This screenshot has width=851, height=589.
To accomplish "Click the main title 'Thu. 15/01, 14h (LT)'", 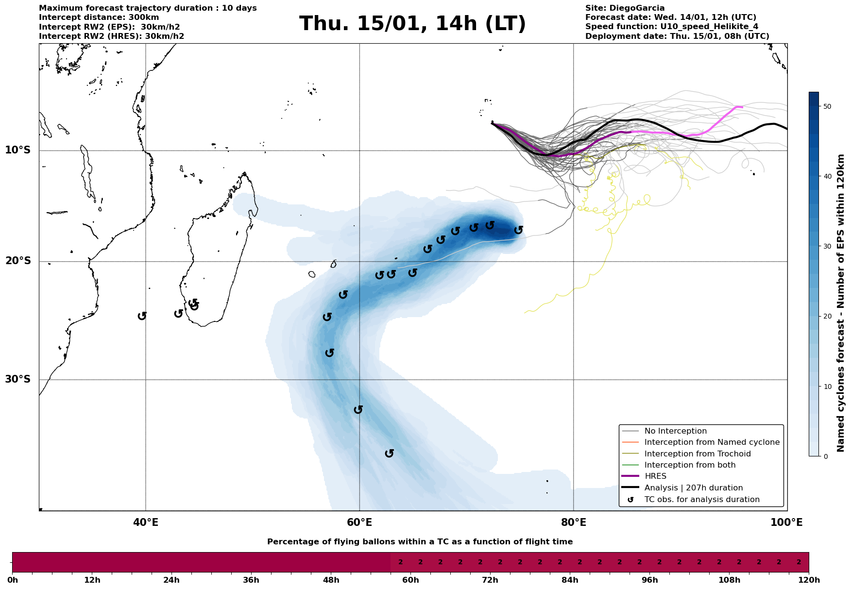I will (412, 24).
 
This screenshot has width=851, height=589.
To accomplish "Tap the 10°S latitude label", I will (18, 150).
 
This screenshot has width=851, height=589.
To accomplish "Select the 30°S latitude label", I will (18, 379).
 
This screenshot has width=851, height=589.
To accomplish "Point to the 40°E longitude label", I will (146, 522).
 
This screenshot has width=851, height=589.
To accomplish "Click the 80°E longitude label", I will (573, 522).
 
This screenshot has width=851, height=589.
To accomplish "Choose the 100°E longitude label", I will (787, 522).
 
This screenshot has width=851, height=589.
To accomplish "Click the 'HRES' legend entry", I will (655, 476).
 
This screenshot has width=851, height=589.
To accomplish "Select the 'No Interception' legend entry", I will (675, 431).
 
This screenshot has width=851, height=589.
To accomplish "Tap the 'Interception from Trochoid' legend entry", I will (697, 454).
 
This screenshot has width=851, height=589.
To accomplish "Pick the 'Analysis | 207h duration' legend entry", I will (693, 488).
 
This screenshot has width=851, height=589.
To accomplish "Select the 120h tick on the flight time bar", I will (809, 580).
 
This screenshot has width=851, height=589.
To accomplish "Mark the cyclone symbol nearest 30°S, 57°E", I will (330, 353).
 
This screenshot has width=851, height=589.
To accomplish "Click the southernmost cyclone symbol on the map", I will (389, 454).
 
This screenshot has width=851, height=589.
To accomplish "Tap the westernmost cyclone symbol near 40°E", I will (142, 316).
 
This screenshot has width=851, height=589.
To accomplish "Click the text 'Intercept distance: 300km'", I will (99, 17).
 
